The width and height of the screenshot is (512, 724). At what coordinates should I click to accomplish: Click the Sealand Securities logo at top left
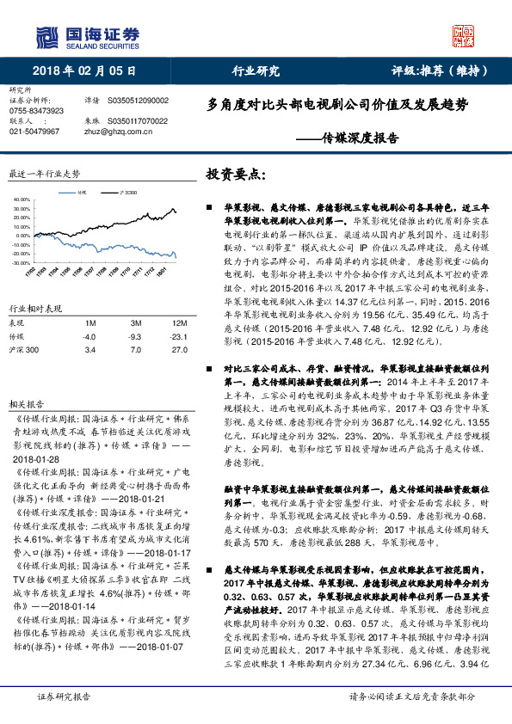(x=86, y=37)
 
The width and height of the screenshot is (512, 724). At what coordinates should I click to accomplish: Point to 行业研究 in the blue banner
(x=257, y=71)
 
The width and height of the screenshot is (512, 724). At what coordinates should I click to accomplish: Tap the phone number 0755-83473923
(x=36, y=111)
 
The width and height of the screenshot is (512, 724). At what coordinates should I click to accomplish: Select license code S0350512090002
(x=139, y=101)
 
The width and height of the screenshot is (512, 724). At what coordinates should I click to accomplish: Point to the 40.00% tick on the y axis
(x=21, y=199)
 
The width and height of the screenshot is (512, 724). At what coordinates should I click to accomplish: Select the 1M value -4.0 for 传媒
(x=89, y=338)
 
